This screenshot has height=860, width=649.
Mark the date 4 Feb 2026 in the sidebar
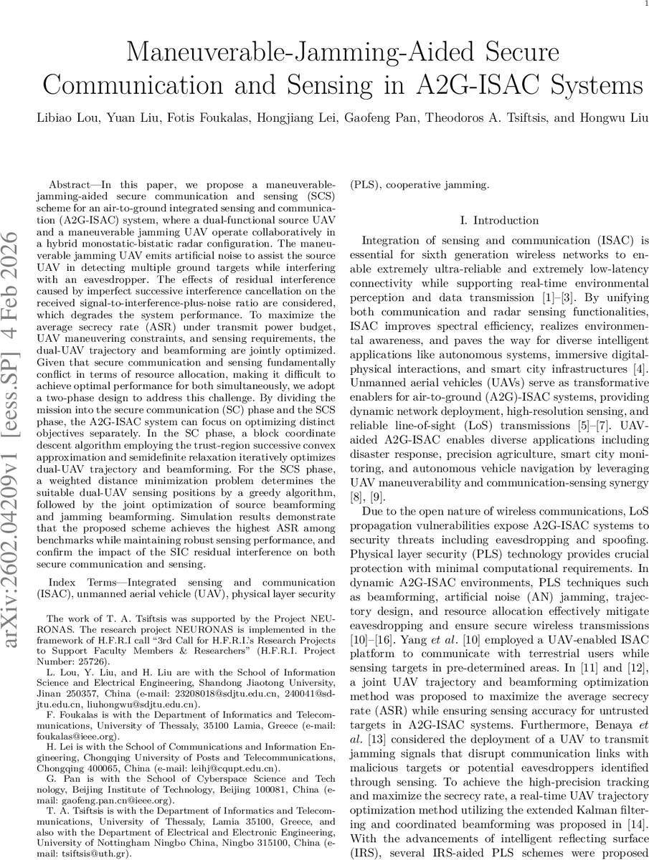15,287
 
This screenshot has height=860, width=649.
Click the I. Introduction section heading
499,220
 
